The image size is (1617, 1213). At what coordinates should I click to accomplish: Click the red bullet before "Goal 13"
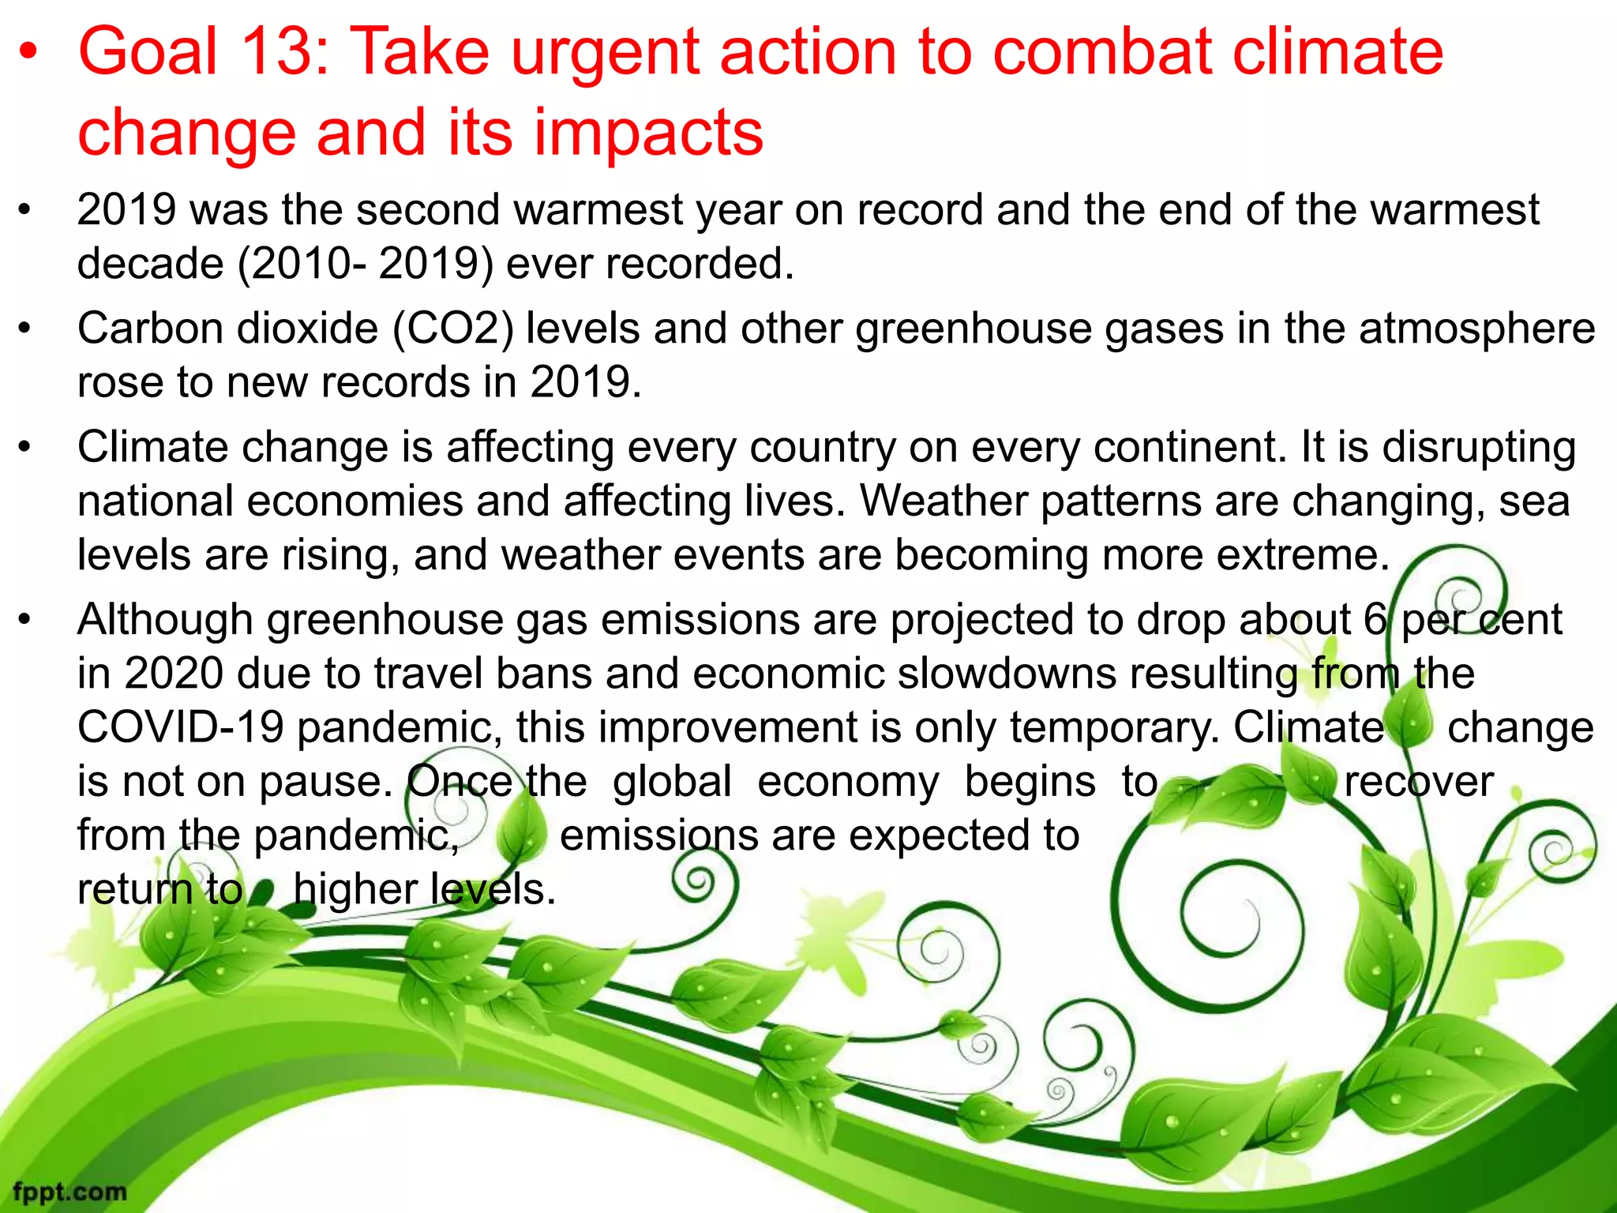(x=29, y=53)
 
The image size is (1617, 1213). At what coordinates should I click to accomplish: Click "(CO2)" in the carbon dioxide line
(x=453, y=329)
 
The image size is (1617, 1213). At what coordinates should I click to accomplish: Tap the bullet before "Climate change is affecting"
(x=25, y=448)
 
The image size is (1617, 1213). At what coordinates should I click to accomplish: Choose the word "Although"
(x=164, y=620)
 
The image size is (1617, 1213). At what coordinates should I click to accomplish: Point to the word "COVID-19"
(x=180, y=727)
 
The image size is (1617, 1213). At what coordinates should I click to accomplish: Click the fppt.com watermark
(x=69, y=1191)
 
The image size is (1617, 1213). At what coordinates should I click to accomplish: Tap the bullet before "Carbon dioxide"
(x=25, y=329)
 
